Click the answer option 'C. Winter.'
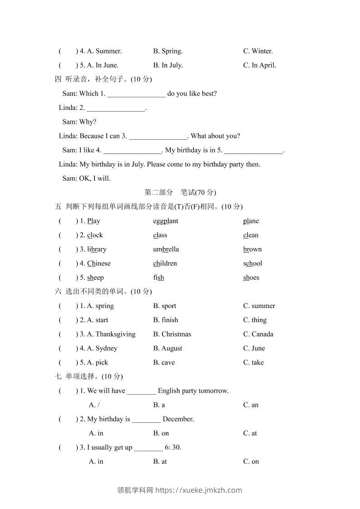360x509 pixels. pyautogui.click(x=258, y=51)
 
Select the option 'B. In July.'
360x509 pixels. pyautogui.click(x=168, y=65)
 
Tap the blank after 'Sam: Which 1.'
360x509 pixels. pyautogui.click(x=136, y=94)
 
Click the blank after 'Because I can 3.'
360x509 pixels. pyautogui.click(x=158, y=136)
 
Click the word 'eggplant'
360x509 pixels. pyautogui.click(x=166, y=221)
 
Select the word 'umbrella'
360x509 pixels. pyautogui.click(x=166, y=249)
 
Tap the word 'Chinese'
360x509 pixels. pyautogui.click(x=99, y=264)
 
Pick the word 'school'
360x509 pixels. pyautogui.click(x=252, y=264)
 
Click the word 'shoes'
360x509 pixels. pyautogui.click(x=251, y=278)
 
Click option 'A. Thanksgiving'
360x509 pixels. pyautogui.click(x=111, y=334)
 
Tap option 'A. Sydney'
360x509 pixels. pyautogui.click(x=102, y=348)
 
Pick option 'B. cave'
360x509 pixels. pyautogui.click(x=164, y=362)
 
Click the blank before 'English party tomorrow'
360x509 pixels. pyautogui.click(x=142, y=391)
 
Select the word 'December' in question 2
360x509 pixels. pyautogui.click(x=178, y=419)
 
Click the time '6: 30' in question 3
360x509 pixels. pyautogui.click(x=172, y=447)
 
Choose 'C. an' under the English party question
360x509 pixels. pyautogui.click(x=251, y=405)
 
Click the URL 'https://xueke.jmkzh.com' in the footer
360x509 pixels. pyautogui.click(x=198, y=490)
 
